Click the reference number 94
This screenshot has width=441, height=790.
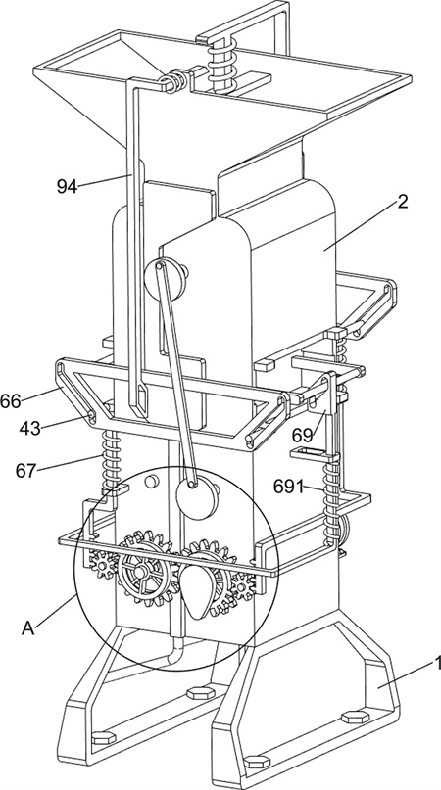(x=67, y=186)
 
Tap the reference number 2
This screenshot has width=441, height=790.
(x=402, y=202)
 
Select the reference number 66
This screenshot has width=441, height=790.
(x=10, y=401)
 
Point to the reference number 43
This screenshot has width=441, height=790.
(x=30, y=428)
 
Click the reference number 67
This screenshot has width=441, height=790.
(x=26, y=471)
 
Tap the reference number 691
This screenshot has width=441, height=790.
(x=289, y=487)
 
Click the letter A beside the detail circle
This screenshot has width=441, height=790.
(x=28, y=627)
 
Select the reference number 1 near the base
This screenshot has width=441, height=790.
(x=436, y=663)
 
